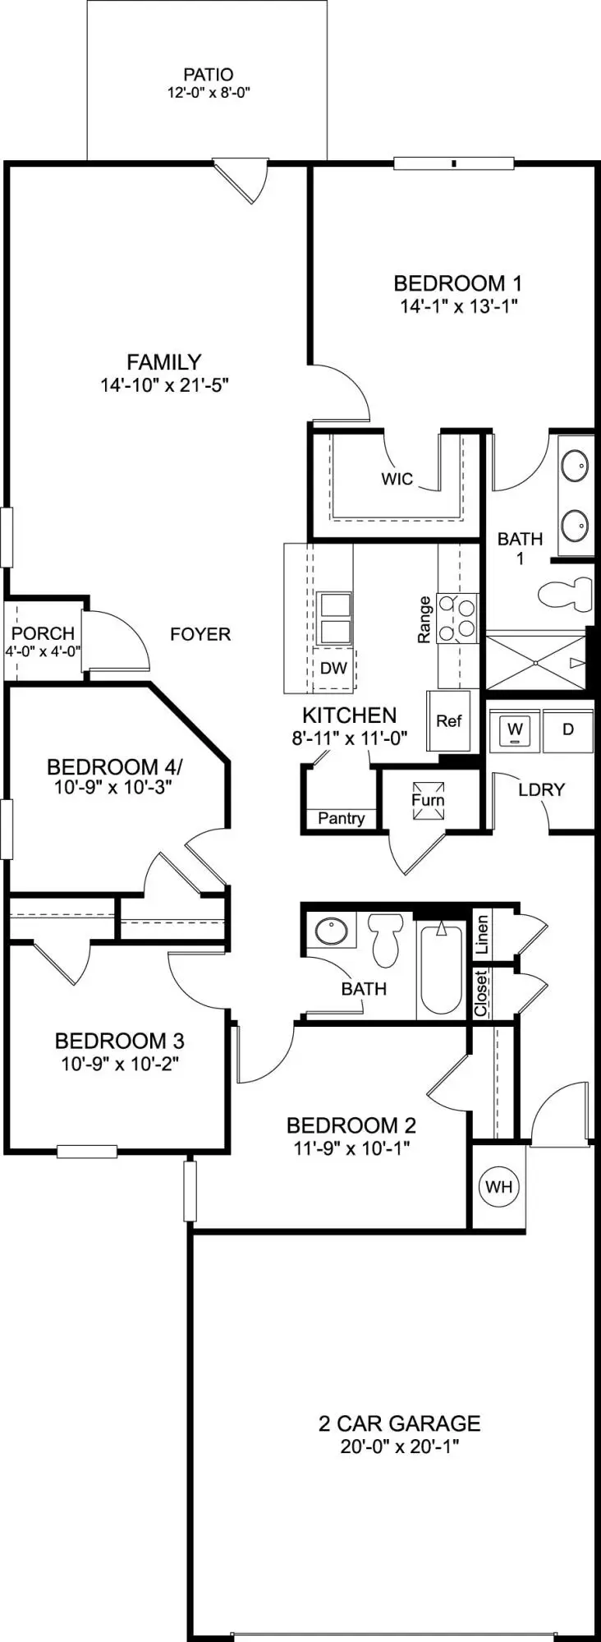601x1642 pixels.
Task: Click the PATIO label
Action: click(x=208, y=75)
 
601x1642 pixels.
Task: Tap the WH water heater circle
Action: click(x=498, y=1186)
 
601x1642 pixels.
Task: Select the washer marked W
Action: click(x=515, y=729)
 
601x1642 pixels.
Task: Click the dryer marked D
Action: click(x=568, y=729)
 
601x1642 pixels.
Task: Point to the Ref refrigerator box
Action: click(x=449, y=721)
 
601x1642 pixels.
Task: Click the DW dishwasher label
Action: click(x=333, y=668)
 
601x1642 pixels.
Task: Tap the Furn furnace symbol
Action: click(x=428, y=799)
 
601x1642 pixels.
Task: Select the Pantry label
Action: click(x=341, y=818)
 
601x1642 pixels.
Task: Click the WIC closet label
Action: click(x=397, y=479)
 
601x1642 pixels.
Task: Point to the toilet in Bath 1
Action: click(x=567, y=593)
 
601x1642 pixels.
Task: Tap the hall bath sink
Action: click(x=331, y=931)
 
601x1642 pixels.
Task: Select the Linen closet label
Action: click(x=482, y=933)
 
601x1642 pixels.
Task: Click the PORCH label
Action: click(x=43, y=633)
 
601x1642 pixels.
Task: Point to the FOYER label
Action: click(x=200, y=634)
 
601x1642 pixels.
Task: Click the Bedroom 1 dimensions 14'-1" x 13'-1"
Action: click(x=458, y=306)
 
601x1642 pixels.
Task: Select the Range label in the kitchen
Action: click(x=424, y=619)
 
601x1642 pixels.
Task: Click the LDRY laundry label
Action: click(x=541, y=789)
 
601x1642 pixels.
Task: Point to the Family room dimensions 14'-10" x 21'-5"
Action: click(x=164, y=384)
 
